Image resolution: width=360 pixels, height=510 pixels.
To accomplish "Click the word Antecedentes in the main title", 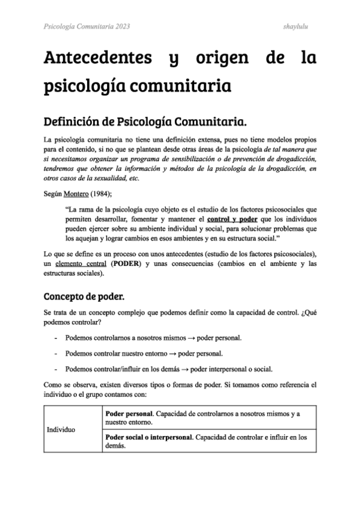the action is pos(97,60).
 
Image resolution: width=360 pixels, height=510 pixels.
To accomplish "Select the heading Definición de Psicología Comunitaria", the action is pos(145,123).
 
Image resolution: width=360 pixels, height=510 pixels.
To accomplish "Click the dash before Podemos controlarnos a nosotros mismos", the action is pos(56,338).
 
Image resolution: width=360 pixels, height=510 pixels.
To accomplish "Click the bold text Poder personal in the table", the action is pos(127,414).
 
